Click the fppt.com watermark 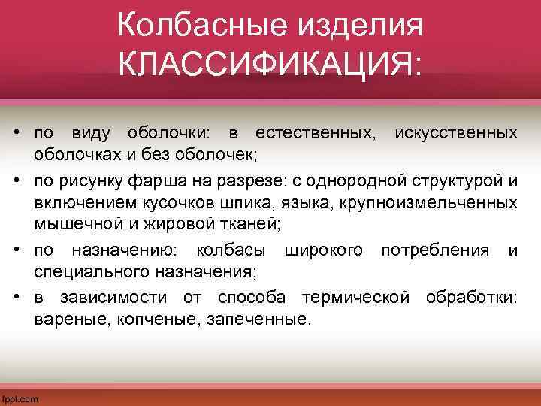point(20,398)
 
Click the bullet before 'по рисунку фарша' point(16,182)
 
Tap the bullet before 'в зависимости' point(16,298)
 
